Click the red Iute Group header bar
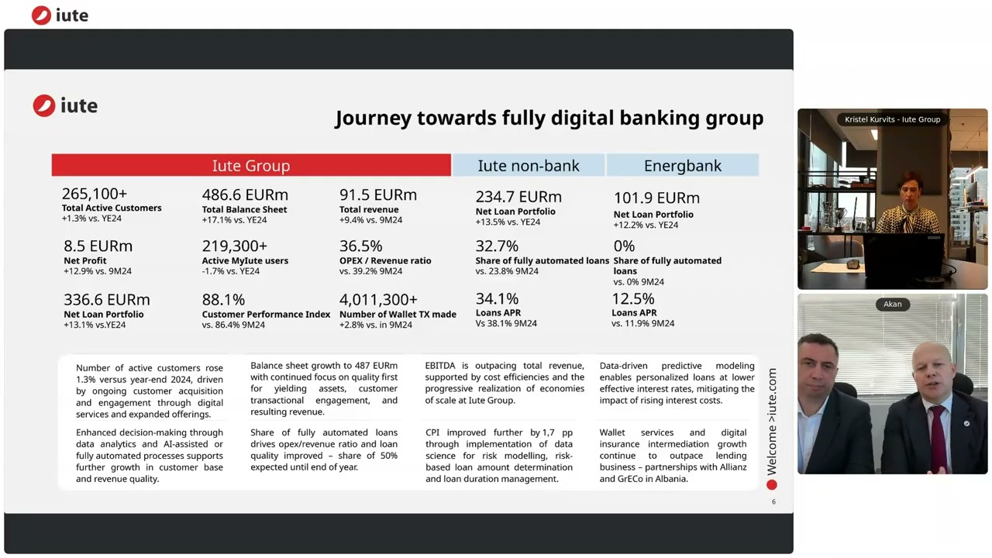coord(251,165)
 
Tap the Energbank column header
coord(682,165)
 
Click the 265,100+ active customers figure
coord(95,194)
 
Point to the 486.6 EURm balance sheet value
coord(245,195)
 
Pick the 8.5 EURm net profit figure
coord(98,246)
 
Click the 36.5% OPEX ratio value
coord(360,246)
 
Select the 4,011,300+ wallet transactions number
coord(378,299)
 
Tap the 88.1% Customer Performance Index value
coord(223,299)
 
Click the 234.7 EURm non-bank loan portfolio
coord(518,197)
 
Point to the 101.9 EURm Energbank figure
coord(656,198)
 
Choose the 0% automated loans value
coord(624,246)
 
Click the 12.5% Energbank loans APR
coord(633,298)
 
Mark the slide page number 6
coord(773,501)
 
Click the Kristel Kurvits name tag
coord(892,119)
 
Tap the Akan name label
coord(893,304)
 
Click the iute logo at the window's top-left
coord(60,15)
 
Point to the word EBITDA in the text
coord(441,366)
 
